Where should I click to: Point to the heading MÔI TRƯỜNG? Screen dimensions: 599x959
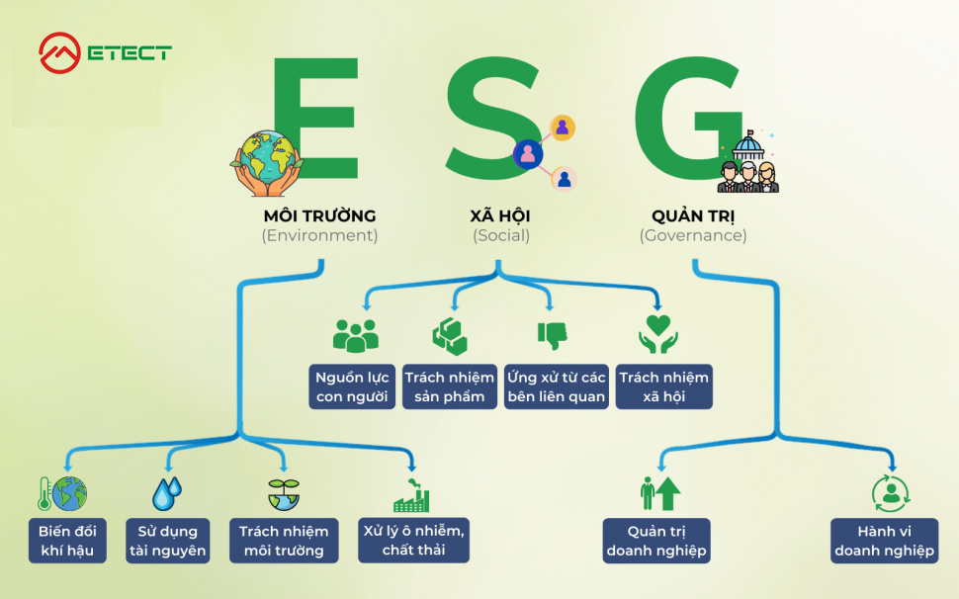pyautogui.click(x=319, y=215)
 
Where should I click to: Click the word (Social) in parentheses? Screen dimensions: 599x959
pyautogui.click(x=500, y=236)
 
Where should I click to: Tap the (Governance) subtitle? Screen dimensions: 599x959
pyautogui.click(x=693, y=236)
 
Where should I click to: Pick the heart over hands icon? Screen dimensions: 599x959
pyautogui.click(x=658, y=334)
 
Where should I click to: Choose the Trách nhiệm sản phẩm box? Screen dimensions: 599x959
pyautogui.click(x=450, y=386)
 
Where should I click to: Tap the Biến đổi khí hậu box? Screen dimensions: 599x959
pyautogui.click(x=67, y=541)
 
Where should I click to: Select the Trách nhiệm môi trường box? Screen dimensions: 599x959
pyautogui.click(x=284, y=541)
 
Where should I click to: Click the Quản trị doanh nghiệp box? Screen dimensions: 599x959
pyautogui.click(x=656, y=541)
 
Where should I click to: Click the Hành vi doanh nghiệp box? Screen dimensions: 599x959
pyautogui.click(x=884, y=541)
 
